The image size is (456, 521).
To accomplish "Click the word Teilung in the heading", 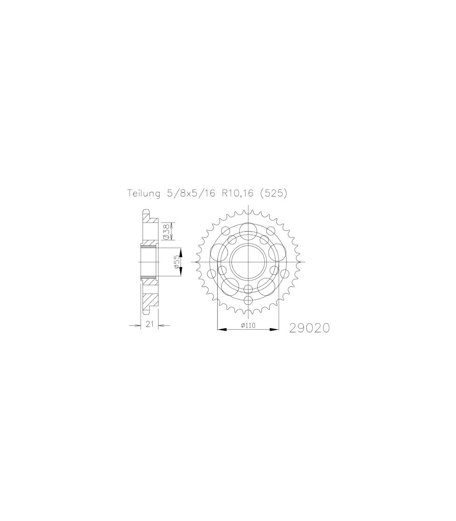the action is click(x=144, y=194).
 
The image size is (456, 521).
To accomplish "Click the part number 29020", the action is click(x=310, y=328).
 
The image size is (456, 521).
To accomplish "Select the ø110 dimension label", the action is click(x=248, y=325).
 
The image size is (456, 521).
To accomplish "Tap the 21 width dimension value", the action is click(x=150, y=324).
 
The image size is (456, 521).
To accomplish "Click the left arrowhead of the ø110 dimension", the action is click(x=222, y=330).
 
